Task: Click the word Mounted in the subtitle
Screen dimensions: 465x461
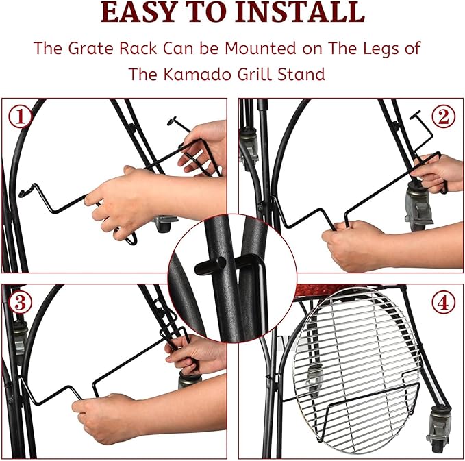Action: tap(261, 49)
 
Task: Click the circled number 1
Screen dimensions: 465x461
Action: tap(20, 117)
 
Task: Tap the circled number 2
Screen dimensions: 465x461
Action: tap(443, 116)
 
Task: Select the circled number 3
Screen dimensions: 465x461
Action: tap(20, 303)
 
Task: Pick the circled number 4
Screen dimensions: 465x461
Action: tap(443, 303)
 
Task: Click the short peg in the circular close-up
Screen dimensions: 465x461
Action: tap(210, 265)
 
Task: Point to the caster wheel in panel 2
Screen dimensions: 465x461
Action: tap(416, 205)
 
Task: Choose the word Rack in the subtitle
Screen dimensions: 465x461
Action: tap(138, 49)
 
